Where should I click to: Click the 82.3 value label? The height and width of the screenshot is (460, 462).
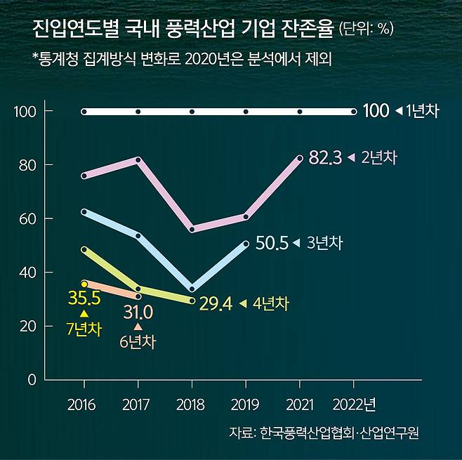pos(325,158)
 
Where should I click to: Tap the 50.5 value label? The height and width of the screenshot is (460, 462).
pos(272,243)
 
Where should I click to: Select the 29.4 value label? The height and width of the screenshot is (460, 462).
pos(216,303)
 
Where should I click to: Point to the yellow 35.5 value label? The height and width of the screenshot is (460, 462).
pos(84,298)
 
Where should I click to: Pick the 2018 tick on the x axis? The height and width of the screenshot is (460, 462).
pos(192,405)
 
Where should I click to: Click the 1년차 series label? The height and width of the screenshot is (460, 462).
pos(421,111)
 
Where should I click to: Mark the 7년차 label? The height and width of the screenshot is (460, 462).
pos(84,329)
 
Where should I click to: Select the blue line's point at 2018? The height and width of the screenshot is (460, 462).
pos(192,288)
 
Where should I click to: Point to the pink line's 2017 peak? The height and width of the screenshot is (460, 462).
pos(138,160)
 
